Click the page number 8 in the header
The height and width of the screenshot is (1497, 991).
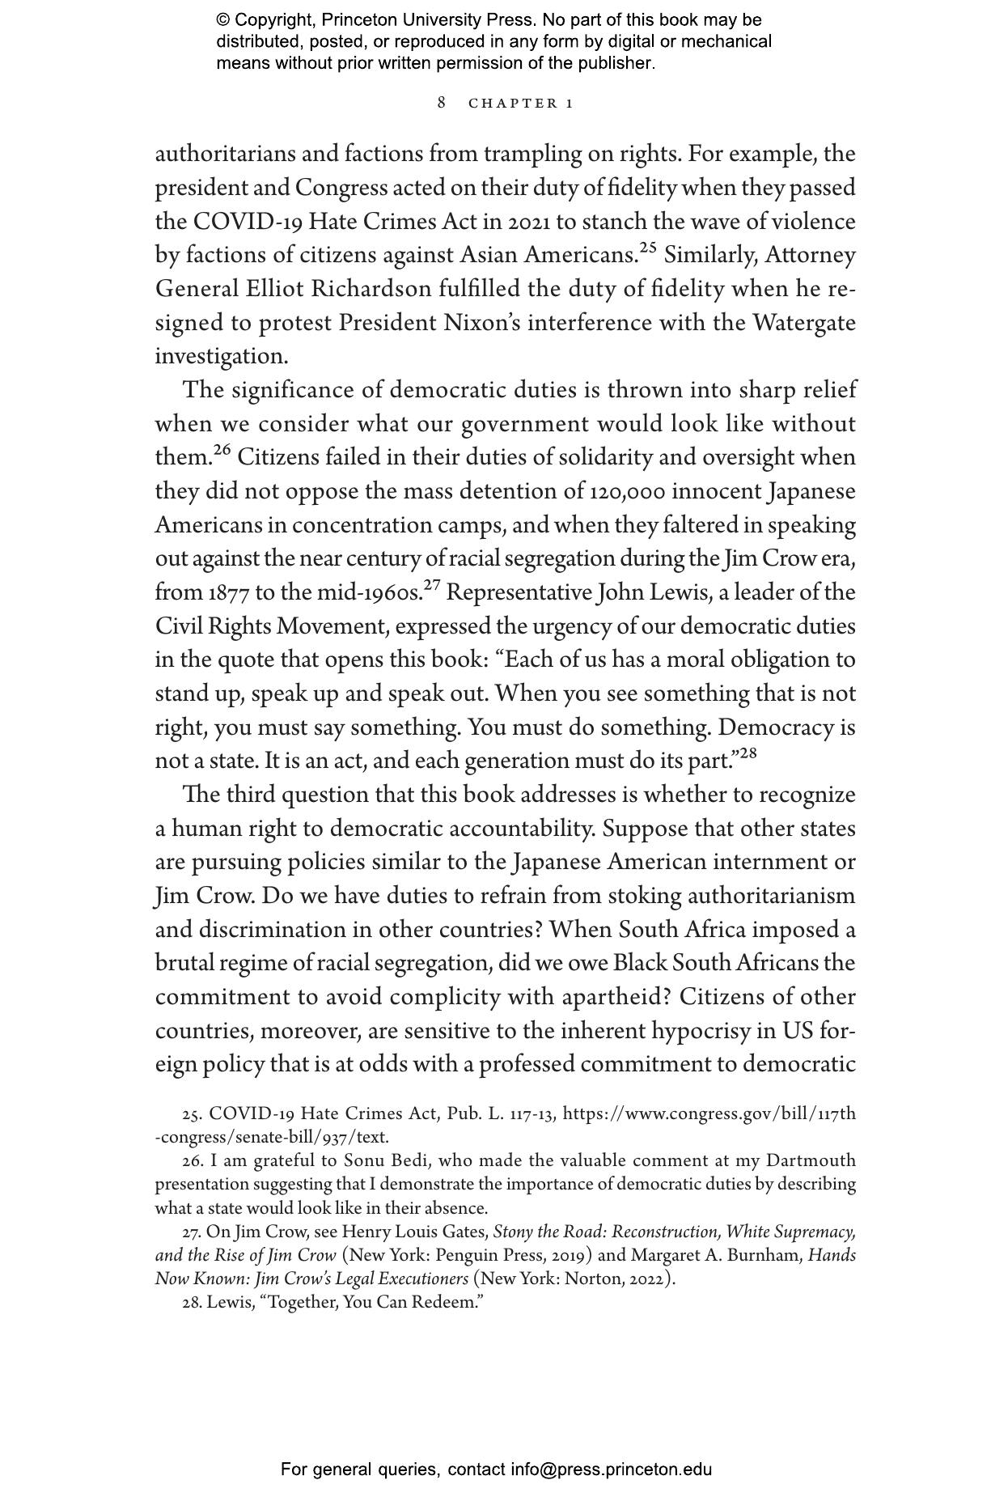(x=442, y=103)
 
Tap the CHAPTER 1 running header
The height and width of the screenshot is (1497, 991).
(x=521, y=104)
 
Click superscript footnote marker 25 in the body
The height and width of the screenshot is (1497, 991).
(x=647, y=247)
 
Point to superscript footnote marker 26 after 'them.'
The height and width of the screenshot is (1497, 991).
(x=222, y=449)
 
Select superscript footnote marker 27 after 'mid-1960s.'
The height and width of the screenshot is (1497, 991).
(x=432, y=584)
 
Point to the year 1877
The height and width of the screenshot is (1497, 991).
(x=228, y=593)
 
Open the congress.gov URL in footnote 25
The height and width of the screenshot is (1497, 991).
(x=709, y=1114)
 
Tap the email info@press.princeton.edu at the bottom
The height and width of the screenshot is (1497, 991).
(x=611, y=1469)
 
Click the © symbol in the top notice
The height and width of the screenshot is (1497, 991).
(x=223, y=20)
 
